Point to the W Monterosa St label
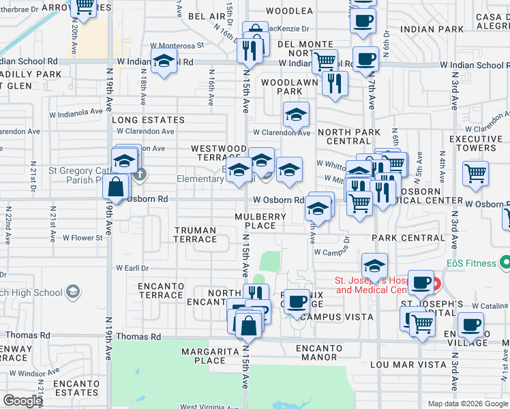click(x=177, y=46)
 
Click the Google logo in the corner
click(x=22, y=401)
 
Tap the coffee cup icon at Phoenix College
click(x=296, y=301)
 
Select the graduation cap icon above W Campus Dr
click(x=374, y=264)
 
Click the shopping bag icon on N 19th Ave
click(x=117, y=186)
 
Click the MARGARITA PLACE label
click(x=203, y=356)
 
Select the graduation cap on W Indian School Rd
click(x=164, y=62)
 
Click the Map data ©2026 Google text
click(x=468, y=404)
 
